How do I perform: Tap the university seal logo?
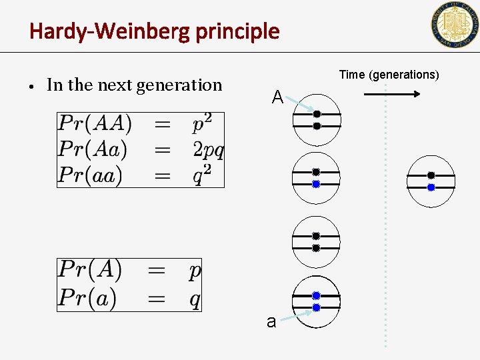point(454,25)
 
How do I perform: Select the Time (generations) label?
point(389,75)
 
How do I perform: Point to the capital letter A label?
point(278,98)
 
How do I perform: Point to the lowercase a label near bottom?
point(271,322)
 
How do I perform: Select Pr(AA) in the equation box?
point(95,124)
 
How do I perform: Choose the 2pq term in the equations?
point(208,149)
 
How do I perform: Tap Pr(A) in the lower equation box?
point(89,271)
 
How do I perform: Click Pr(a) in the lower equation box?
point(86,297)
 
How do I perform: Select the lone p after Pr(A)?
point(195,272)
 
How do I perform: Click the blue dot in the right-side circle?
point(431,188)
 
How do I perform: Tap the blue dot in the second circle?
point(316,184)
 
